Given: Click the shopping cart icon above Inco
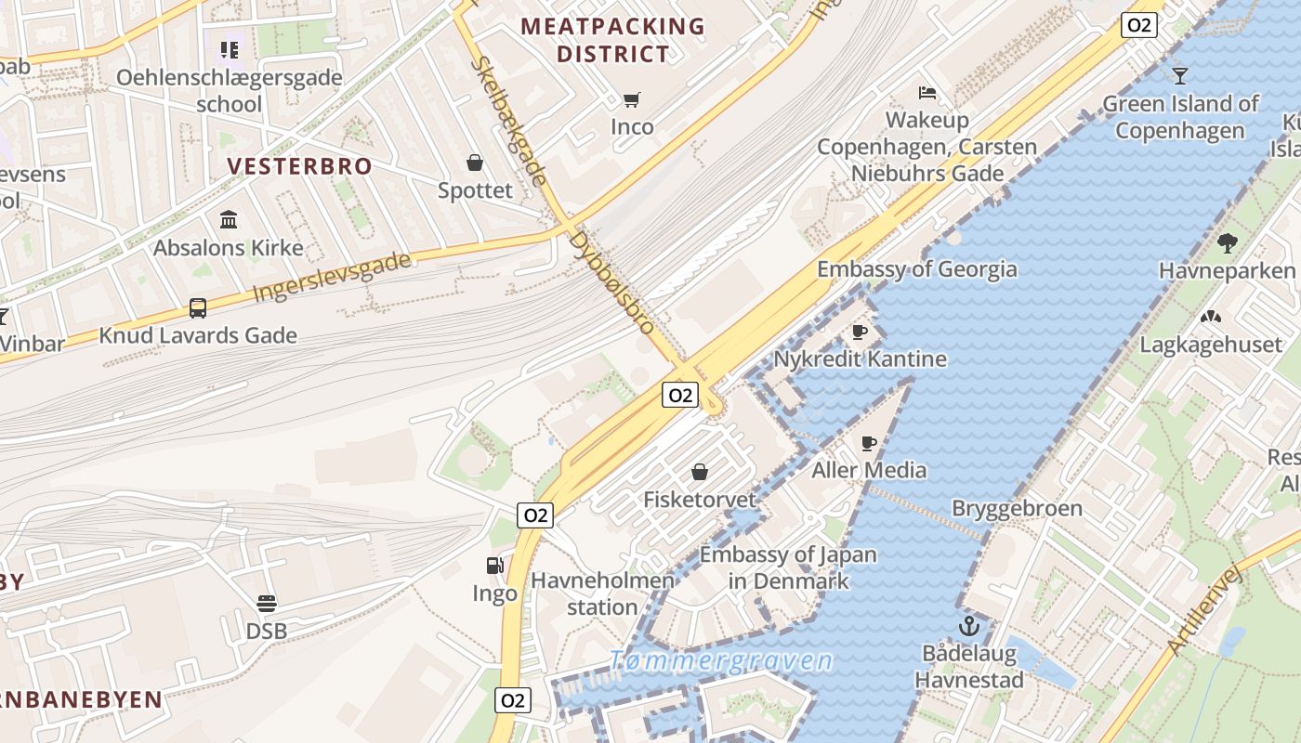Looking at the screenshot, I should (x=632, y=99).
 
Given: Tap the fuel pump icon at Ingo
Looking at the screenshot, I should (x=495, y=565).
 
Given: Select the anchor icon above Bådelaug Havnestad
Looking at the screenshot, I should (x=969, y=626).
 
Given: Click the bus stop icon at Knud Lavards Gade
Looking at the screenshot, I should (x=198, y=307).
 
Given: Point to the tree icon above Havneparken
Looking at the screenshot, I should (x=1227, y=243).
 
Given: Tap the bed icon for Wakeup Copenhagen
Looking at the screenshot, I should (x=926, y=93).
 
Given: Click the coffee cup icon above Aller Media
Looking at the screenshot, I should (x=869, y=443).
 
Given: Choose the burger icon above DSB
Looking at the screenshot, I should (x=267, y=604).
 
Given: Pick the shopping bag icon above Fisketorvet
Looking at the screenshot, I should (x=700, y=472).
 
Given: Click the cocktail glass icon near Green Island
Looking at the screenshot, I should (x=1180, y=75).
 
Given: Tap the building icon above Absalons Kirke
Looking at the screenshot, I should (x=229, y=220).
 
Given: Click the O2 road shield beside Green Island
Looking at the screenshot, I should (x=1138, y=25).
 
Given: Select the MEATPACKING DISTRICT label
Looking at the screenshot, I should (x=613, y=40).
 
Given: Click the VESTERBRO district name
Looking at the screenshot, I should (x=300, y=166).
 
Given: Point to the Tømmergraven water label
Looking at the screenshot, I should (x=721, y=661).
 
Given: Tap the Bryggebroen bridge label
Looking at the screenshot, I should (x=1017, y=508).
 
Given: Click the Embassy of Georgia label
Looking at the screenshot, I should (x=916, y=269).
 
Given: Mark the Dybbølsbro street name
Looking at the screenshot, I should (x=612, y=282).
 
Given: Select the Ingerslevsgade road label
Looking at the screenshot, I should (x=332, y=277).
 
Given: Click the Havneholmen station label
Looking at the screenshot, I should (x=602, y=593).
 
